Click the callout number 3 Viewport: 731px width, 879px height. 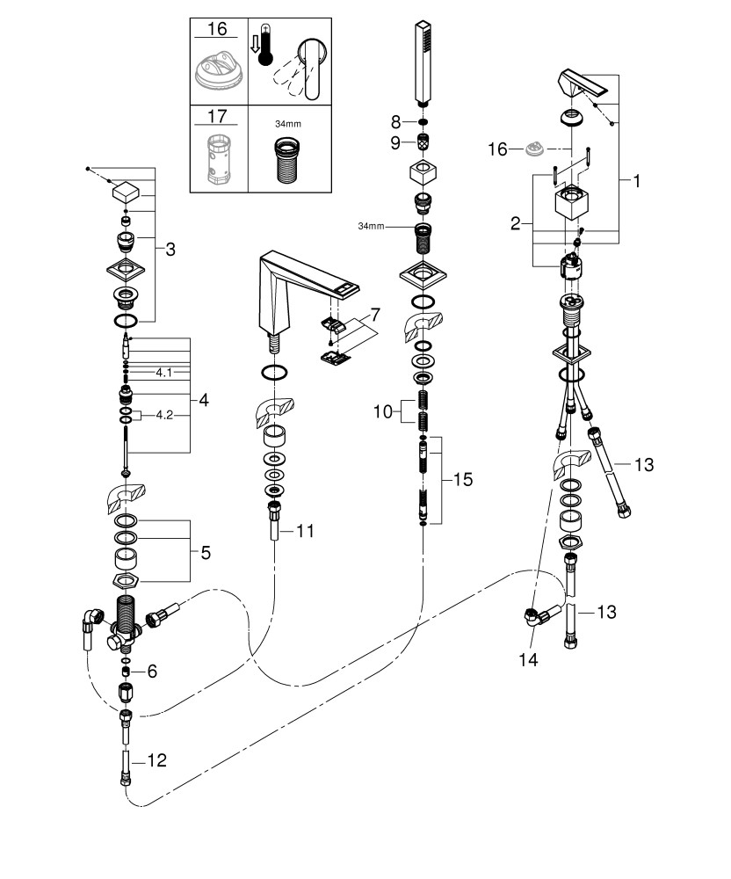pos(170,249)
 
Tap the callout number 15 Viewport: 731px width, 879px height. pos(463,479)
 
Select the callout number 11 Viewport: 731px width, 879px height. pos(305,530)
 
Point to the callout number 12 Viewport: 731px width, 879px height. pos(157,760)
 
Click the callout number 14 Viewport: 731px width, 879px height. pos(528,660)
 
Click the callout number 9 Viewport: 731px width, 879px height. pos(395,143)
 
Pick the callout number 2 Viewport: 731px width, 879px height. pos(516,223)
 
